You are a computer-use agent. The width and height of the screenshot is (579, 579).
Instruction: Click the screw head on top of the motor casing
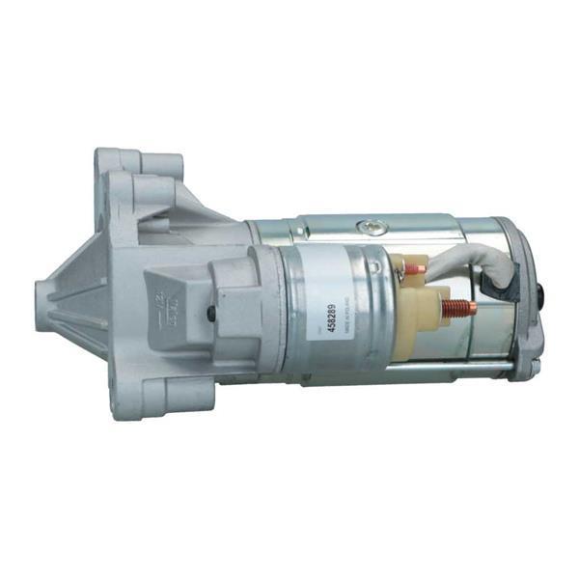click(368, 228)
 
